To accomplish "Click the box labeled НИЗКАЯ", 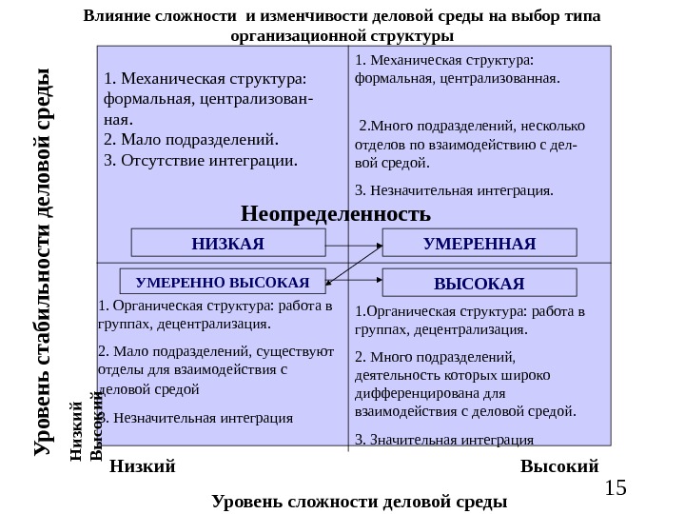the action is pyautogui.click(x=227, y=244).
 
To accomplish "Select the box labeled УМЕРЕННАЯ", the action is pyautogui.click(x=479, y=244).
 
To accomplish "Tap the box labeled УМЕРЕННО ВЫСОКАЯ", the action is pyautogui.click(x=223, y=282).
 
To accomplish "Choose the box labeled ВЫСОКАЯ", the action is pyautogui.click(x=479, y=283).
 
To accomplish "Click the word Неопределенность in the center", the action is pyautogui.click(x=335, y=211).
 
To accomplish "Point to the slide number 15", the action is pyautogui.click(x=616, y=487).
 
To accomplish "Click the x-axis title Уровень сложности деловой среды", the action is pyautogui.click(x=359, y=501).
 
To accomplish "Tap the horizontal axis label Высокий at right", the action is pyautogui.click(x=559, y=466).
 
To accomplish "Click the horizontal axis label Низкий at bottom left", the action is pyautogui.click(x=143, y=466).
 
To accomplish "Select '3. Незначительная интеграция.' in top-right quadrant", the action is pyautogui.click(x=453, y=190).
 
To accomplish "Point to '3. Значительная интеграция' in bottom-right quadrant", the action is pyautogui.click(x=443, y=440).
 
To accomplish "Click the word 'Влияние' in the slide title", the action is pyautogui.click(x=115, y=16).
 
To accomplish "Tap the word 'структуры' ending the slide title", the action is pyautogui.click(x=412, y=36).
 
